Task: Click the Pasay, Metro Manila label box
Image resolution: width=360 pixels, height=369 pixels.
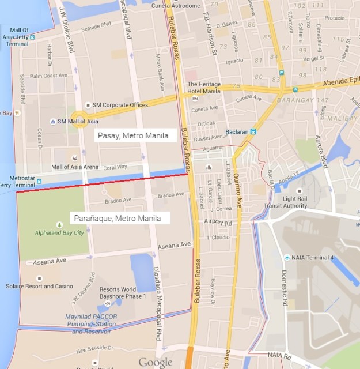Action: [135, 136]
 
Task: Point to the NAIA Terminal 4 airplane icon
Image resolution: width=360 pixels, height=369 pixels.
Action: [287, 258]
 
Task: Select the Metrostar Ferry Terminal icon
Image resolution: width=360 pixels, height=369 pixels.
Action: [39, 182]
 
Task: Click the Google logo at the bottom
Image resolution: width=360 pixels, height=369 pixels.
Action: [155, 362]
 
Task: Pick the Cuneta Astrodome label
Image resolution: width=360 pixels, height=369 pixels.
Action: [176, 6]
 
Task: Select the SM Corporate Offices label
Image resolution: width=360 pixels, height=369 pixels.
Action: [115, 105]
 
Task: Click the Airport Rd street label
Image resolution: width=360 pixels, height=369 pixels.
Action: [217, 221]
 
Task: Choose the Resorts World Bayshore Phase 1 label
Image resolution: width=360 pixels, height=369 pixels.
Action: [122, 293]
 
